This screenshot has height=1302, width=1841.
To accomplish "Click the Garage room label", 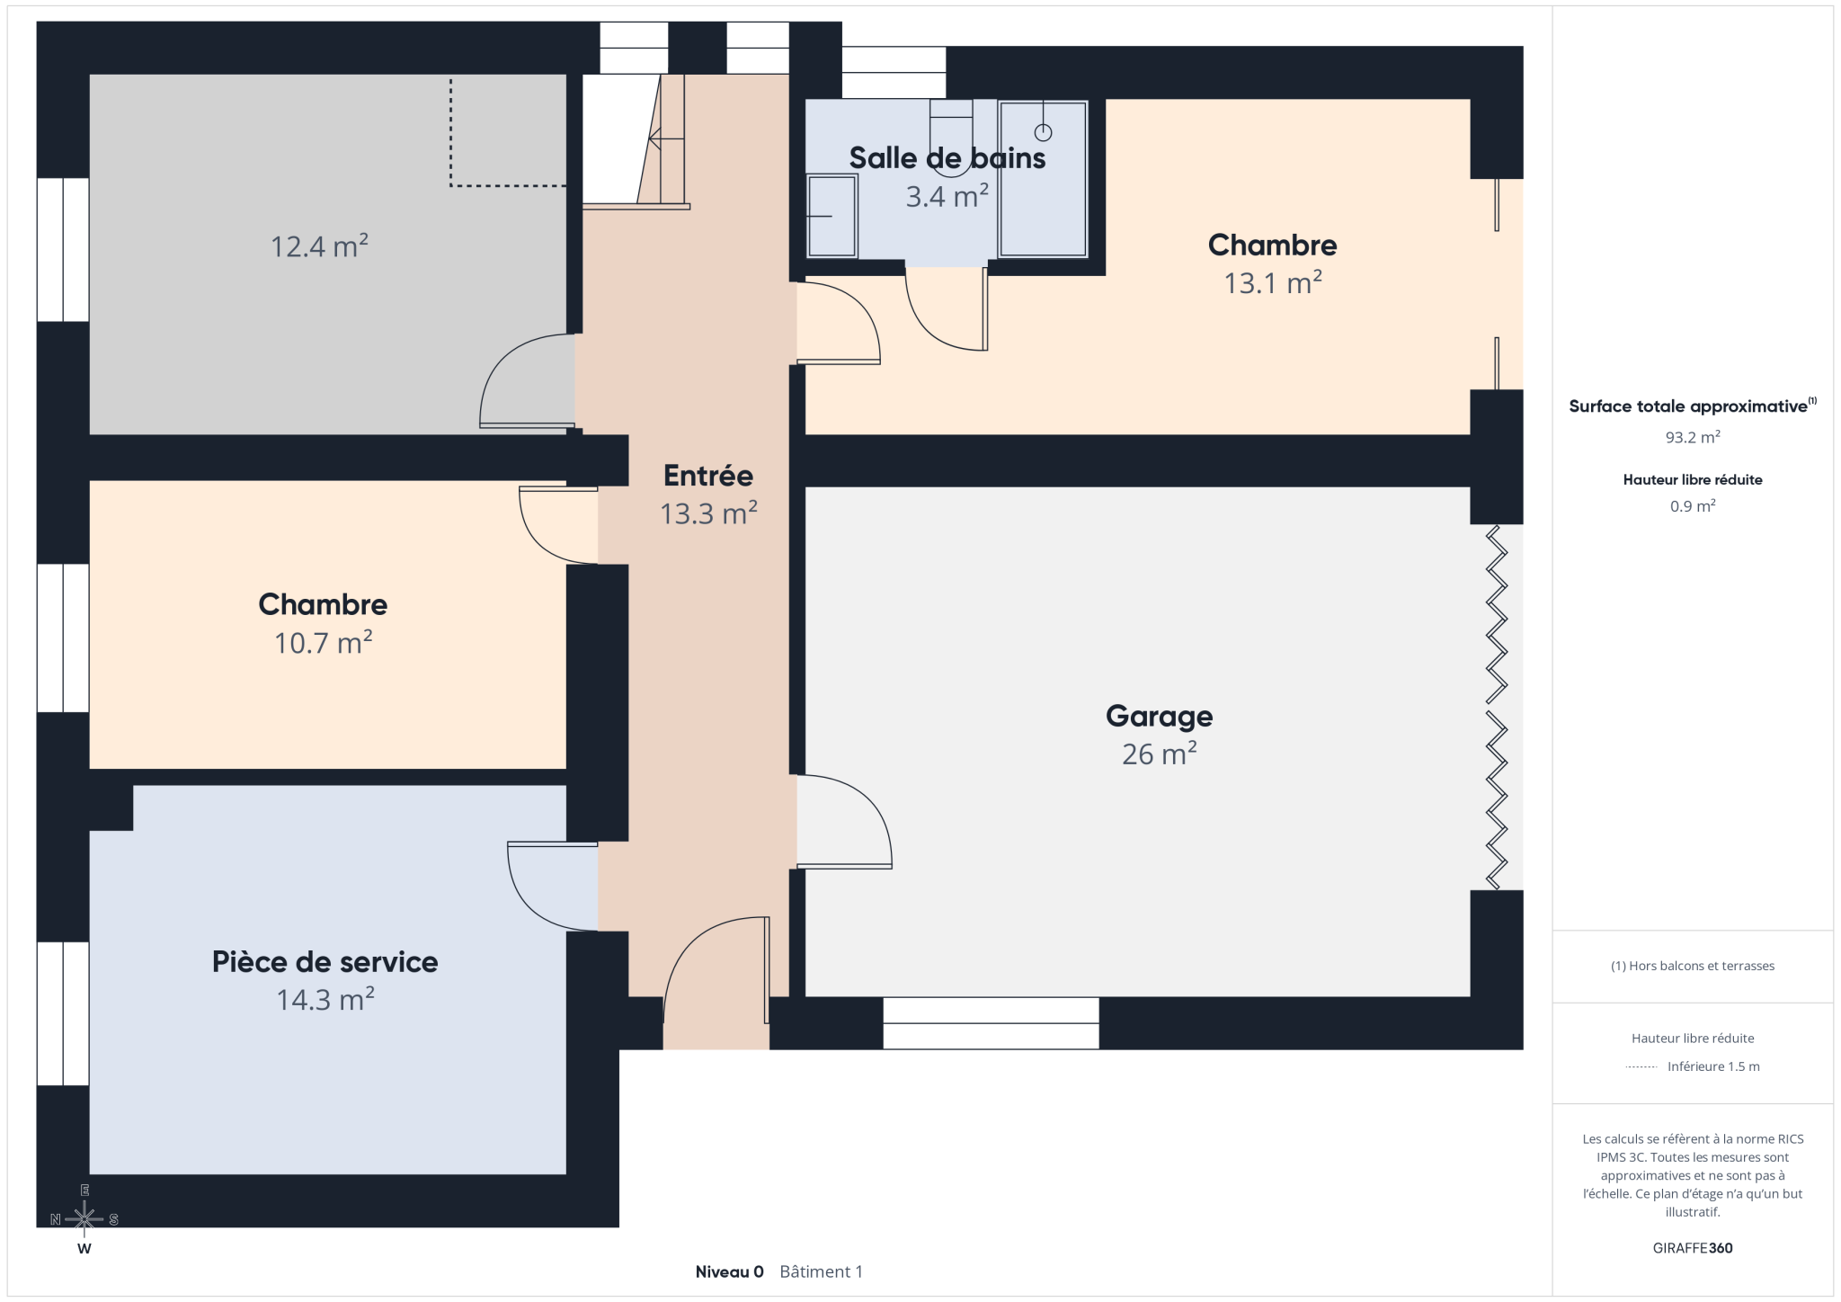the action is pos(1159,716).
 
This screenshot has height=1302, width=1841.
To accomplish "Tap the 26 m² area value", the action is pos(1159,754).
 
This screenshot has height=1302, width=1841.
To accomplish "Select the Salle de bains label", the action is pos(947,158).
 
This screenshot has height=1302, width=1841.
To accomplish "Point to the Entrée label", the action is pos(708,475).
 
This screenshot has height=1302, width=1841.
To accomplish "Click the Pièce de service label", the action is pos(325,961).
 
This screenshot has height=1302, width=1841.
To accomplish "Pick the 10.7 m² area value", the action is pos(324,642).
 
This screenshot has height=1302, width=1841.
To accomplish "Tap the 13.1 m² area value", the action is pos(1272,282).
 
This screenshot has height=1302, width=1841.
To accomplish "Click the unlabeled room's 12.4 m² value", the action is pos(319,245).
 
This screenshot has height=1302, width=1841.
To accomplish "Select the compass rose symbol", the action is pos(84,1219).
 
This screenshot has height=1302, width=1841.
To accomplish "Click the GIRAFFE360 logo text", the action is pos(1693,1248).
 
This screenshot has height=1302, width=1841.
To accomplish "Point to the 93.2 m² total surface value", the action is pos(1693,437).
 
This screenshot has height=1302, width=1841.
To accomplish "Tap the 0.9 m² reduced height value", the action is pos(1693,506).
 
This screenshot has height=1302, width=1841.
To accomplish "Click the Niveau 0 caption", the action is pos(729,1271).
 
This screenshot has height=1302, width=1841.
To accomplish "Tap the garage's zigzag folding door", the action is pos(1496,708).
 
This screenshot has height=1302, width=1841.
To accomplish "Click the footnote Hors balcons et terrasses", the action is pos(1693,966).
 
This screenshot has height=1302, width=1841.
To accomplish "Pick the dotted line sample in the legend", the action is pos(1641,1067).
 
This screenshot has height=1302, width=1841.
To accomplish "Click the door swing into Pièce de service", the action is pos(552,887).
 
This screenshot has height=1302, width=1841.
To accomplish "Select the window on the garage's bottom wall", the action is pos(991,1023).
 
